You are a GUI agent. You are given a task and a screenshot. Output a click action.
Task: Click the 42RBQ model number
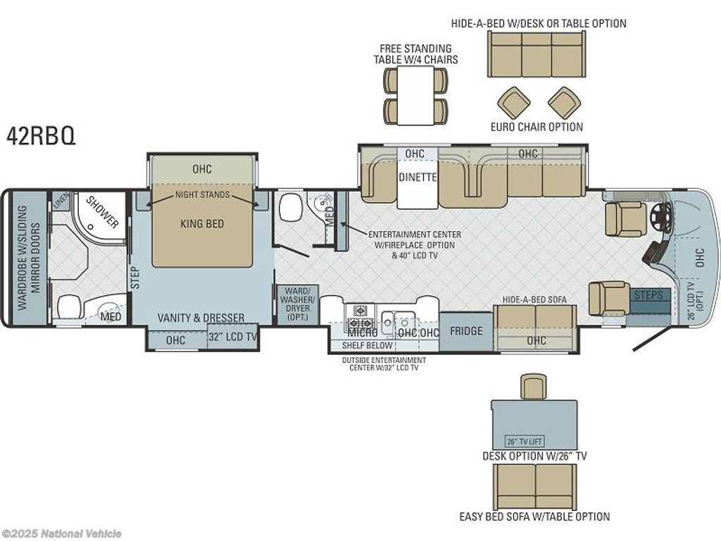pos(40,135)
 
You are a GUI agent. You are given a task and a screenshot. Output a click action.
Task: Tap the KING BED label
pos(202,224)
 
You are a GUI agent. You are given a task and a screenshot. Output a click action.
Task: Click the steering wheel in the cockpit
pos(661,214)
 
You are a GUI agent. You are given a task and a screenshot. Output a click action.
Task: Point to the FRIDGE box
pos(466,331)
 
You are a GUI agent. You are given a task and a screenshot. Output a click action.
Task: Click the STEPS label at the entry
pos(648,295)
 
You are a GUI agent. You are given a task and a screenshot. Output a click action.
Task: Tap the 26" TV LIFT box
pos(525,441)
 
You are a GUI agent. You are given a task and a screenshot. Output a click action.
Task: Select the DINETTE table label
pos(418,177)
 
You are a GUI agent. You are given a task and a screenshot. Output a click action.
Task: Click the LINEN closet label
pos(61,201)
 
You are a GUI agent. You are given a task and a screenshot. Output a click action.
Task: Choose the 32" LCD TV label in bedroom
pos(232,337)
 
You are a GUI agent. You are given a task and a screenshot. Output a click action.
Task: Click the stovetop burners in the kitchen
pos(360,317)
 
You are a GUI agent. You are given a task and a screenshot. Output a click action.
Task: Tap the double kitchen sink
pos(399,318)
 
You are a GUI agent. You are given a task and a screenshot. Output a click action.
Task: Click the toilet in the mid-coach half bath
pos(289,208)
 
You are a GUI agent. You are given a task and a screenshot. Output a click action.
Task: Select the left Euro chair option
pos(513,103)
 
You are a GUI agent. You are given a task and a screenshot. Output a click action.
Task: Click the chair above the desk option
pos(534,387)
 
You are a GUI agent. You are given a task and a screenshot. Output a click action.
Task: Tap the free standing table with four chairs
pos(415,95)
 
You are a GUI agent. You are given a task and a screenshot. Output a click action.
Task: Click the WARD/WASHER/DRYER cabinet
pos(298,304)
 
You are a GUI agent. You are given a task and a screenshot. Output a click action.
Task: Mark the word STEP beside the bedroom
pos(135,278)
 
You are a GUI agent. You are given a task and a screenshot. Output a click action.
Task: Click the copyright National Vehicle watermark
pos(61,534)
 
